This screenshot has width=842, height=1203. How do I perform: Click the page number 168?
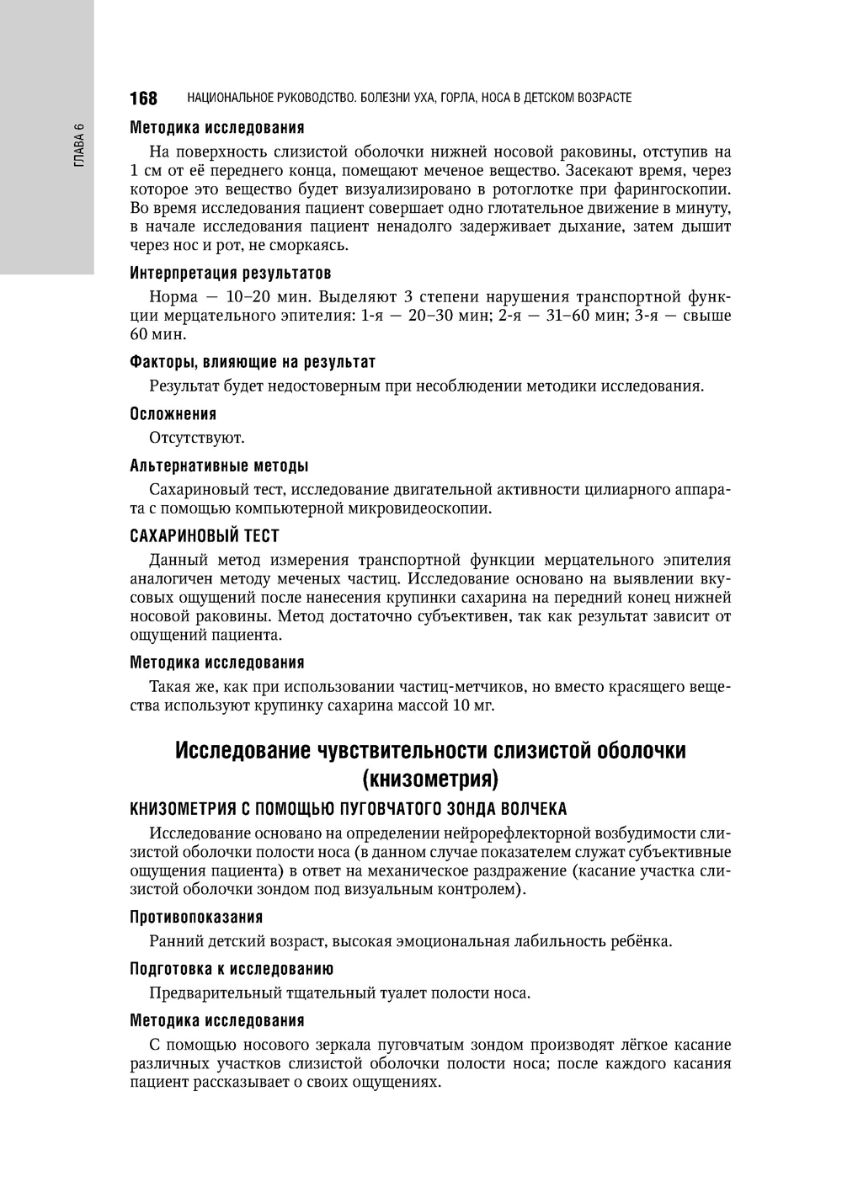click(x=143, y=98)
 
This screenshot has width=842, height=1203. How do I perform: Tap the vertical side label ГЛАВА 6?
click(x=79, y=145)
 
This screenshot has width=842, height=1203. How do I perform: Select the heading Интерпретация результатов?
click(x=230, y=274)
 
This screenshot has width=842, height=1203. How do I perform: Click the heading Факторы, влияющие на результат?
click(x=253, y=362)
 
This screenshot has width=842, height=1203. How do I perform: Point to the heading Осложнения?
click(x=173, y=414)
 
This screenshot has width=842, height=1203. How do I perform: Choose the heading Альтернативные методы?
click(x=219, y=466)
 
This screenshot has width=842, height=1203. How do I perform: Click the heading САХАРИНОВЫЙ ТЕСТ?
click(x=205, y=536)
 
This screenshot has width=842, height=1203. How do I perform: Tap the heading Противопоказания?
click(x=196, y=917)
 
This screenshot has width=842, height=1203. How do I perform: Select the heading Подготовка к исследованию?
click(x=232, y=969)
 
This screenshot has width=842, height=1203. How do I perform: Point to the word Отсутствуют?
click(x=197, y=438)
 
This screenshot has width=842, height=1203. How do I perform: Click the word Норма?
click(x=173, y=297)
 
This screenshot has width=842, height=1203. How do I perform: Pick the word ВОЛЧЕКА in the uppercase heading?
click(x=533, y=809)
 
